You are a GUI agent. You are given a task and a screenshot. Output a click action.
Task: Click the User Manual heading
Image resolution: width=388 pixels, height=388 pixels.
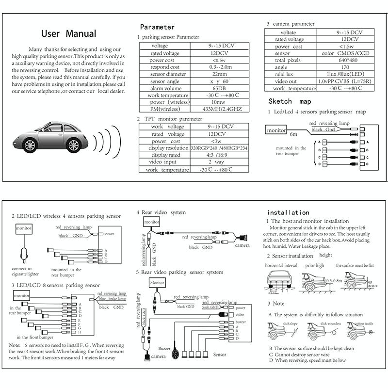69,34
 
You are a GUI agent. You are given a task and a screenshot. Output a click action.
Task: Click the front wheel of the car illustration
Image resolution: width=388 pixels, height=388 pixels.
31,145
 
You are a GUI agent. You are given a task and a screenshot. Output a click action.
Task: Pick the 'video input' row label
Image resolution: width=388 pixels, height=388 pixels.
163,162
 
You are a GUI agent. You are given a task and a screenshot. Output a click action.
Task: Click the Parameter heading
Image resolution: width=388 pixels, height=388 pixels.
157,27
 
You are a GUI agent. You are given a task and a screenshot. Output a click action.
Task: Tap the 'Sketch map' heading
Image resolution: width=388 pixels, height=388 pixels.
290,101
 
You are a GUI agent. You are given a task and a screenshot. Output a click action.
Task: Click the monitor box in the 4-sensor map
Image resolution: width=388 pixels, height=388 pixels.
276,130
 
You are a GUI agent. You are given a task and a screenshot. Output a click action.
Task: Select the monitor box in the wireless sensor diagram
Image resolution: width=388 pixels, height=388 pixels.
24,228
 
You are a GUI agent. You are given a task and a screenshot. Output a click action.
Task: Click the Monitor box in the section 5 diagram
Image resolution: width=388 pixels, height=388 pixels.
157,283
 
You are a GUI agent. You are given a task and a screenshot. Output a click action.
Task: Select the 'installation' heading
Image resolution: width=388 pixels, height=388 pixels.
288,212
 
